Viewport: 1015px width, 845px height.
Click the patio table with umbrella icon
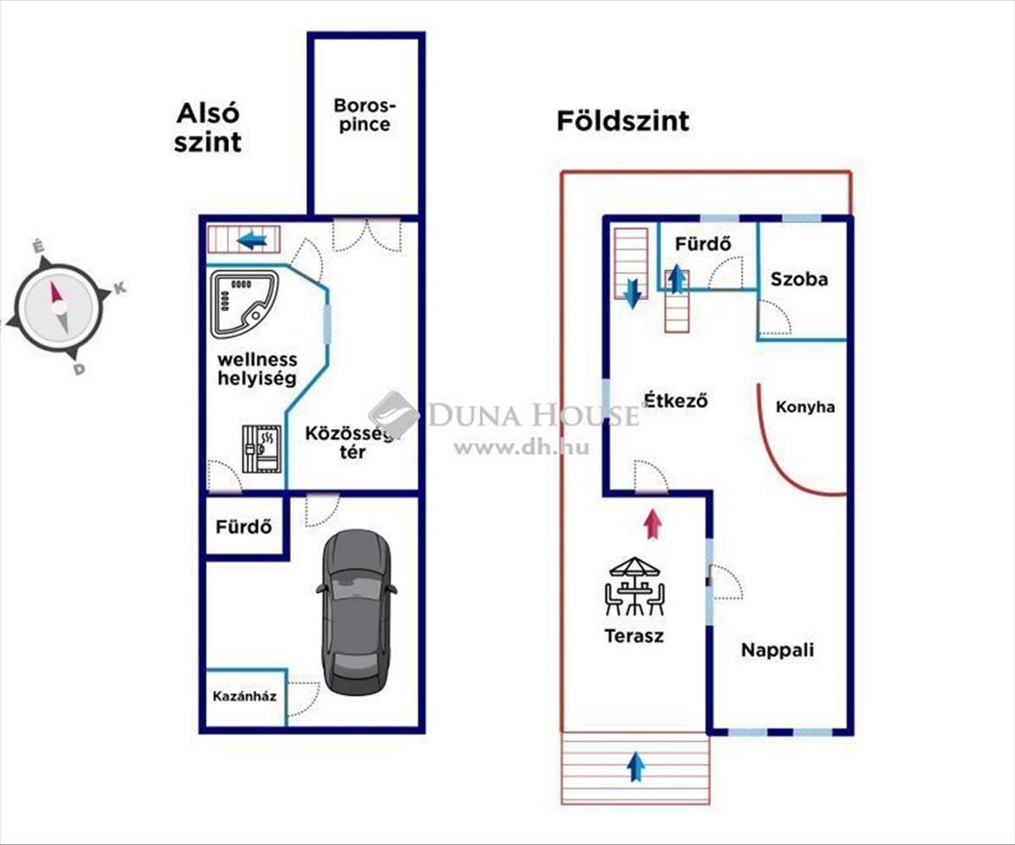pos(634,586)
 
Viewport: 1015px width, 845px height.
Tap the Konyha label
pos(805,407)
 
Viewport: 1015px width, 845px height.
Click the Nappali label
pos(777,650)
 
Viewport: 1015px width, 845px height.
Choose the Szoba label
pos(799,279)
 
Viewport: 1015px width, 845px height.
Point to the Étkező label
pos(675,400)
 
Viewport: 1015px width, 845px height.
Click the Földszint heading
pos(623,121)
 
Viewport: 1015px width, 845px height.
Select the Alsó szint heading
pos(208,128)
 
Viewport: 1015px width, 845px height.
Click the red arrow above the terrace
pos(650,523)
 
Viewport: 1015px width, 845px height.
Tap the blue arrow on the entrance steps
pos(636,767)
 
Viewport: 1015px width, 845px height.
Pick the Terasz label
pos(634,635)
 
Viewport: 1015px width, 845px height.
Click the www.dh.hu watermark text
pos(521,448)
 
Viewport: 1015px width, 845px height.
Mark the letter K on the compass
pos(119,288)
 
